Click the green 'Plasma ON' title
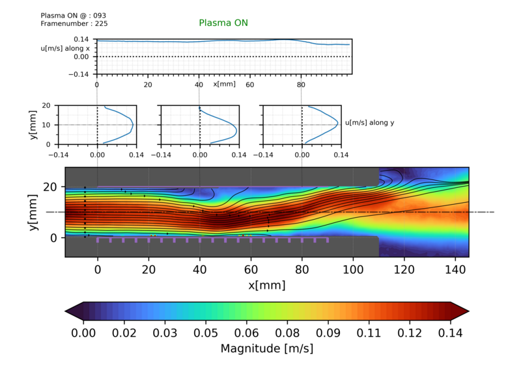click(223, 23)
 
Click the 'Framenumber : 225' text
click(74, 23)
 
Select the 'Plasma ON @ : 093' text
click(74, 15)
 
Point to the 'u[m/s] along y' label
click(369, 123)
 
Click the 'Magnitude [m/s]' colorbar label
click(267, 348)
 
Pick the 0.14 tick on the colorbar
click(450, 333)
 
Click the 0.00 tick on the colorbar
click(84, 333)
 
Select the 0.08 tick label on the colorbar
click(293, 333)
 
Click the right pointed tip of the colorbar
click(466, 311)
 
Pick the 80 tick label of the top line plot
click(301, 84)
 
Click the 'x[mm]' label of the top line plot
click(225, 84)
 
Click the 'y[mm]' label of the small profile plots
click(33, 125)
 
